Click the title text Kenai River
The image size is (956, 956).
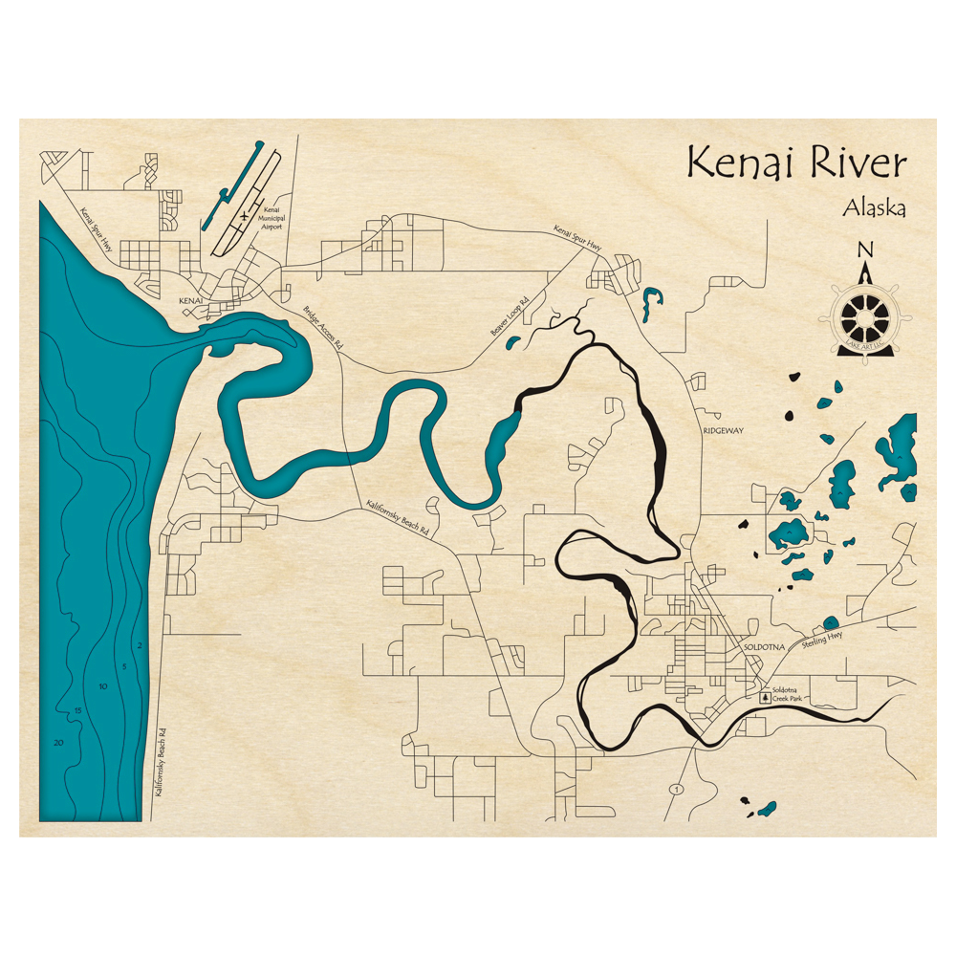click(x=795, y=163)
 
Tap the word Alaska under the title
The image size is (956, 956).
click(x=874, y=207)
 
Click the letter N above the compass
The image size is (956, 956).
click(x=865, y=250)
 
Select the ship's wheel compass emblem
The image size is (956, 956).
click(x=865, y=315)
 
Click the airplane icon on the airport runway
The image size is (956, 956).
click(x=244, y=217)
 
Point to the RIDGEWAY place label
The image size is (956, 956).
click(x=723, y=431)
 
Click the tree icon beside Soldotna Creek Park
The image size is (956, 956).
click(x=764, y=698)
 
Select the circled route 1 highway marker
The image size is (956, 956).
click(x=677, y=789)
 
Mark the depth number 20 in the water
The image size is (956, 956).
click(x=59, y=743)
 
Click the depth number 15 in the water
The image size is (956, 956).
click(x=79, y=709)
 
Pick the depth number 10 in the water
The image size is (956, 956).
click(x=102, y=686)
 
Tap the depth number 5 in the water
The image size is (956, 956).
click(x=124, y=665)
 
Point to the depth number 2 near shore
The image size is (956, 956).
click(x=140, y=646)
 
